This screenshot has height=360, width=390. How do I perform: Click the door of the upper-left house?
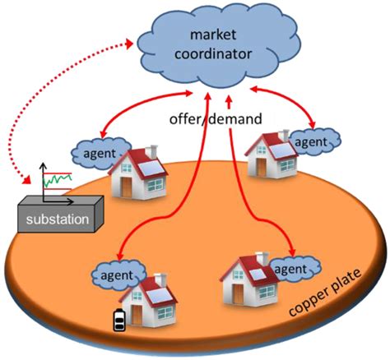click(x=126, y=187)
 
